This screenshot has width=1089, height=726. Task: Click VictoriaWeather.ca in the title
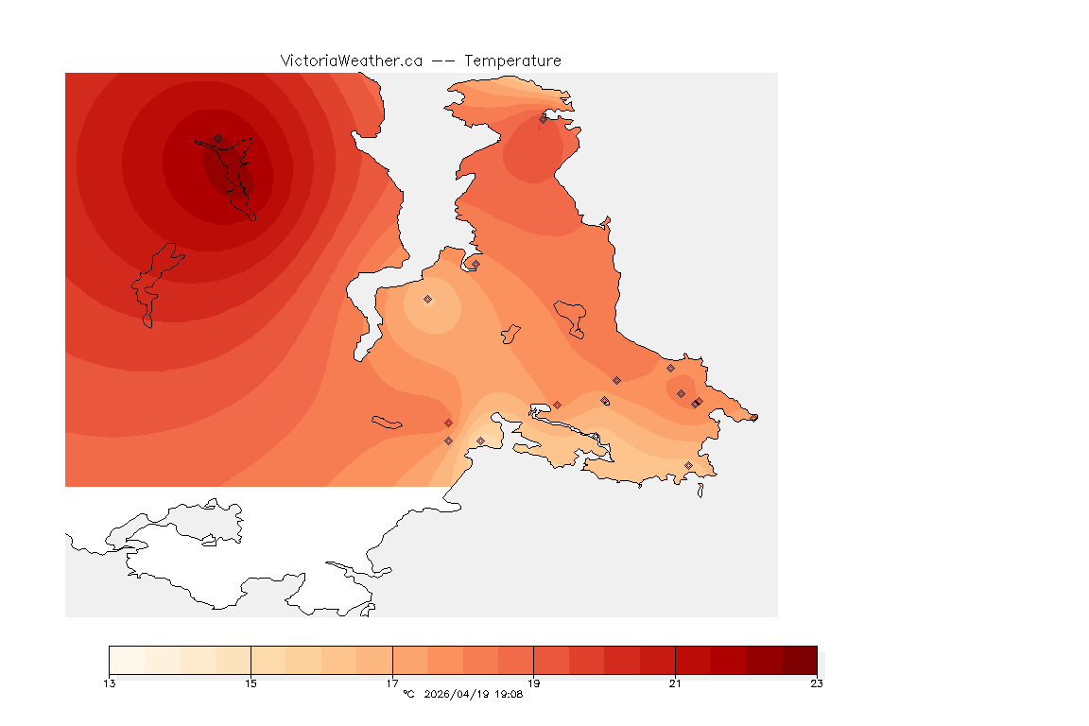coord(351,60)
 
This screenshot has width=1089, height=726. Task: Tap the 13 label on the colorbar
coord(110,683)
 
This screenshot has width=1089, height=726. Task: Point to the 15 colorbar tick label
coord(251,683)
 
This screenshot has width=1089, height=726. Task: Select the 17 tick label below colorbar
coord(392,683)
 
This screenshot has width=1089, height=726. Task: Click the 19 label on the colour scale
coord(534,683)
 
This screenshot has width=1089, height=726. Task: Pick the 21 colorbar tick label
coord(675,683)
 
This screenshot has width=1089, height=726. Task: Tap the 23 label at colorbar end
coord(817,683)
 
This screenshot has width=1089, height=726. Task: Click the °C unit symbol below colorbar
coord(408,695)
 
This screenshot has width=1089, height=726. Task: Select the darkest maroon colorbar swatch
coord(799,659)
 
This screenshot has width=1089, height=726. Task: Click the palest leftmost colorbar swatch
coord(127,659)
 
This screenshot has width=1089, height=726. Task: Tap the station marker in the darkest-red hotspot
coord(217,138)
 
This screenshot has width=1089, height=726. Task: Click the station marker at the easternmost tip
coord(753,417)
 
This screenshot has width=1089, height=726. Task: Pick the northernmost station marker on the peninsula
coord(543,119)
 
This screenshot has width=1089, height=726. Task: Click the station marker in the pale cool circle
coord(427,299)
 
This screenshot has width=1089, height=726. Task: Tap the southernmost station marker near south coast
coord(688,465)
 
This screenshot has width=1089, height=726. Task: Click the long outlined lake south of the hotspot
coord(151,284)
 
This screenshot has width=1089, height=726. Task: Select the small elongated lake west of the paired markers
coord(388,422)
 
